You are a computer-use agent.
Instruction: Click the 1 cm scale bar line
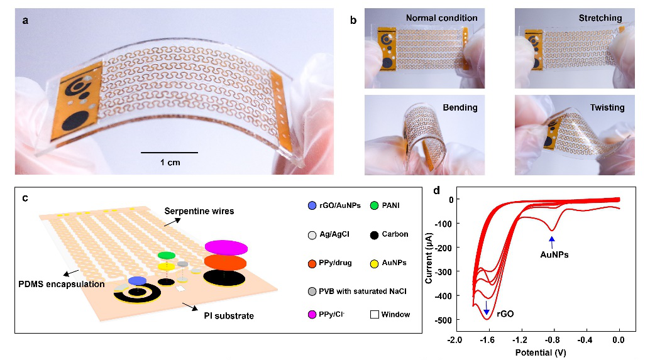169,152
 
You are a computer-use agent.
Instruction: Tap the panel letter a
25,20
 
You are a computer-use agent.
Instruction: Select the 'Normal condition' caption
441,18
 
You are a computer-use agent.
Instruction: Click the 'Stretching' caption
600,18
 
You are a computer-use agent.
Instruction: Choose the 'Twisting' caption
603,107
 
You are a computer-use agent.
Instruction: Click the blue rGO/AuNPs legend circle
312,205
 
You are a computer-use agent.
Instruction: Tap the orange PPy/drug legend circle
312,263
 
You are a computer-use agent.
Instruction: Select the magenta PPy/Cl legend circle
312,314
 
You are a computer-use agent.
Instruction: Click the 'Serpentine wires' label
198,211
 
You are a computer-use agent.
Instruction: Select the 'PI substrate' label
229,315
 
